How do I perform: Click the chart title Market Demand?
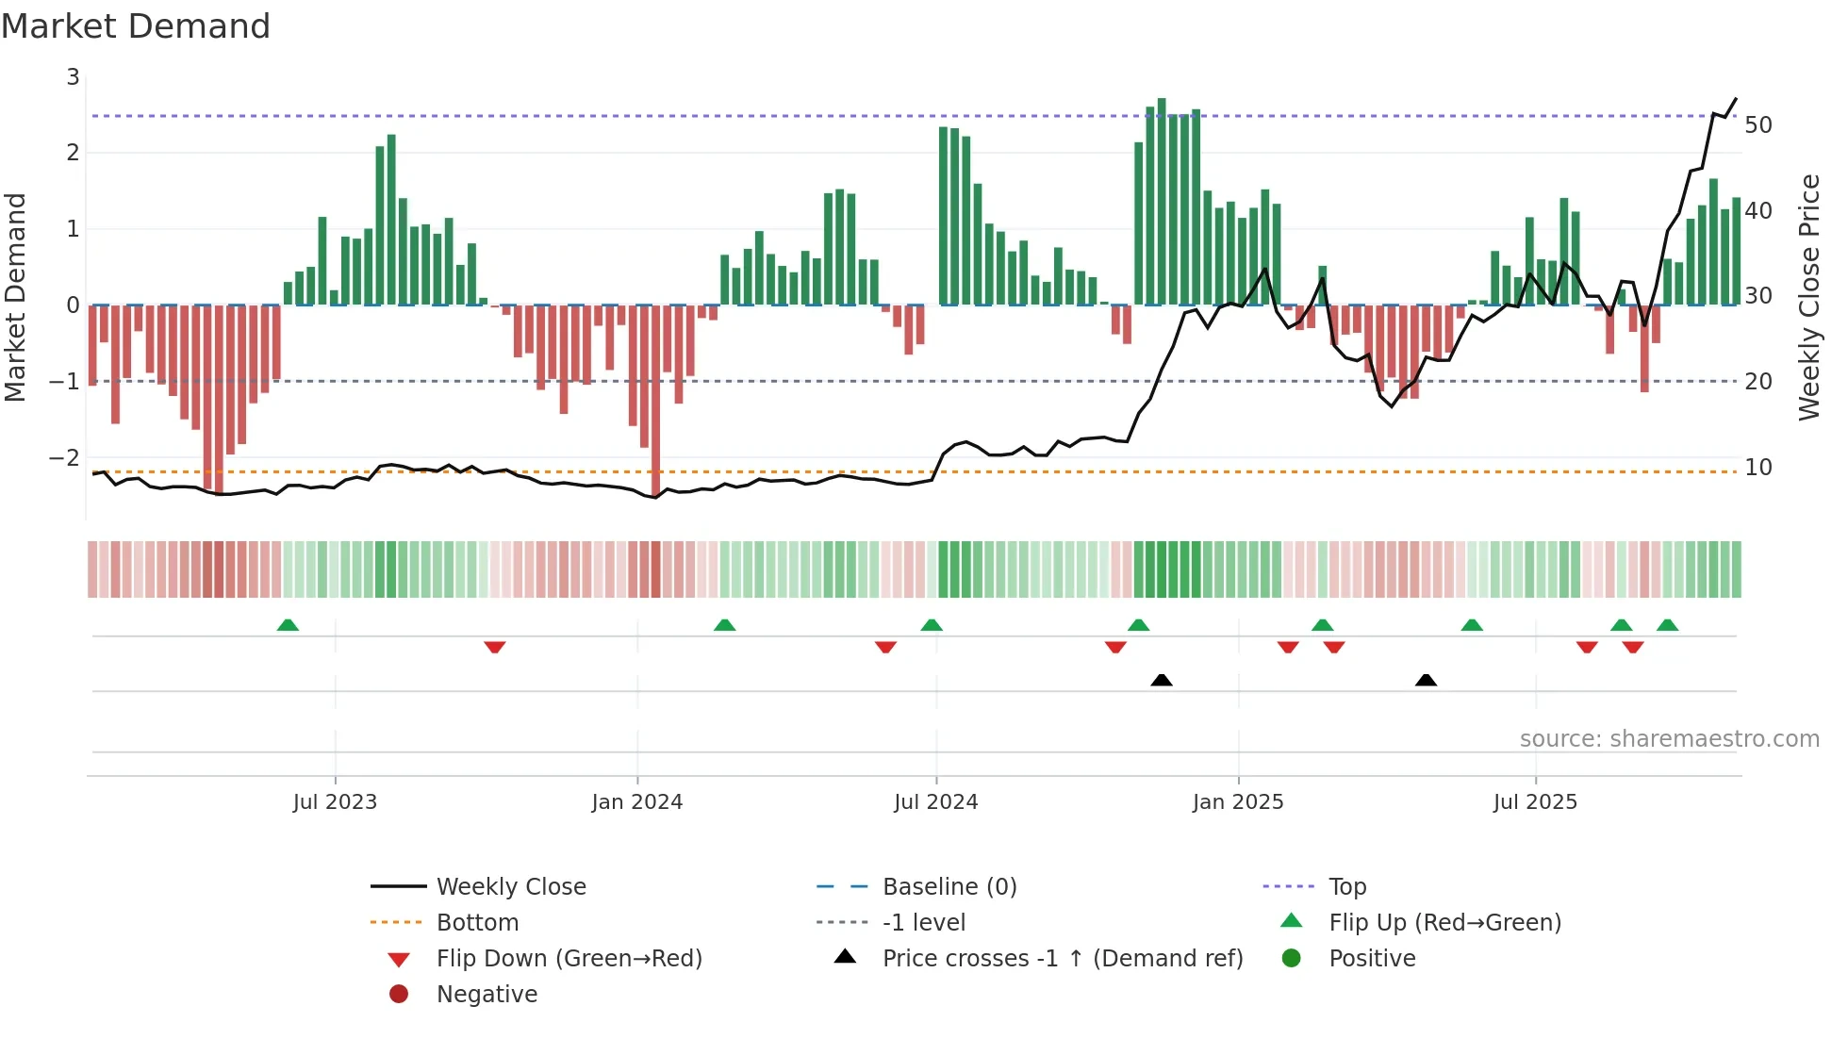click(x=136, y=26)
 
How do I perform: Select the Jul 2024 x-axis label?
click(x=935, y=802)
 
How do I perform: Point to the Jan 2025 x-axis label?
click(x=1237, y=802)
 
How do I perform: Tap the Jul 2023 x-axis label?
click(x=335, y=802)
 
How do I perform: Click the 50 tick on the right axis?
click(x=1757, y=125)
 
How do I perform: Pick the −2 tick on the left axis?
click(x=65, y=458)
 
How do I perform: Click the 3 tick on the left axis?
click(x=73, y=77)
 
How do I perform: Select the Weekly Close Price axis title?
click(x=1808, y=297)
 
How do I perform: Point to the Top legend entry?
click(x=1347, y=887)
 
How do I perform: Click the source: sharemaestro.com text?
click(x=1669, y=739)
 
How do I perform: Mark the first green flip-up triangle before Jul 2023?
click(x=288, y=625)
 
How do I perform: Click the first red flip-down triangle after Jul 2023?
click(x=495, y=647)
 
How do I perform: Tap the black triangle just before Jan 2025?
click(x=1162, y=680)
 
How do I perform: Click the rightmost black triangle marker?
click(x=1426, y=680)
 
